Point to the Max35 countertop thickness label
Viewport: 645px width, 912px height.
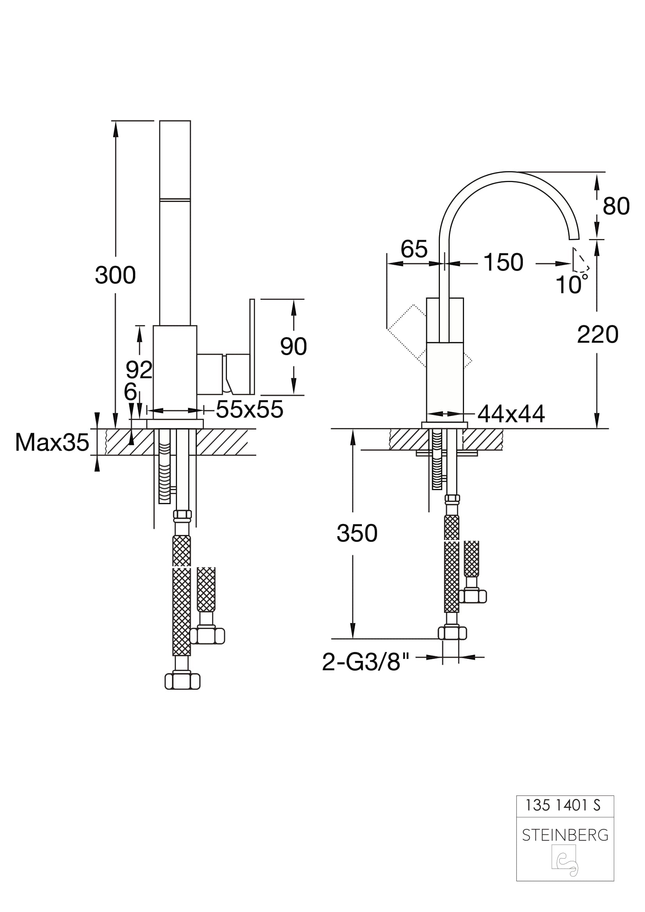(52, 442)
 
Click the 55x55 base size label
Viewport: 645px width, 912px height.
(250, 409)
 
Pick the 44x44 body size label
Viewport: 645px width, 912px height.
(511, 414)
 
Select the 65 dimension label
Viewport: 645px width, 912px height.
(414, 249)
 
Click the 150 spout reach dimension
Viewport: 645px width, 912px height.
(503, 262)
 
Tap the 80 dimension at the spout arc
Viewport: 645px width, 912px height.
(616, 206)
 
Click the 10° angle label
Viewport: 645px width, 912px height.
(571, 285)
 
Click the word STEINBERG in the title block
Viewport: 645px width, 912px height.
(565, 835)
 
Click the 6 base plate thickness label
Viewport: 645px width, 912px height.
(130, 392)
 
